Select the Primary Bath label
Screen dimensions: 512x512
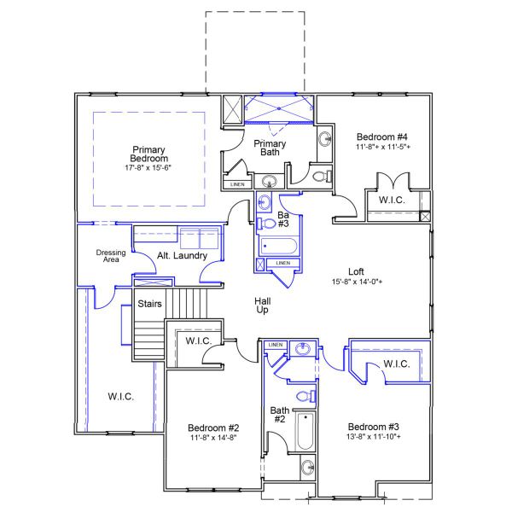(271, 148)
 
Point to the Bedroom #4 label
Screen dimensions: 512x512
(381, 137)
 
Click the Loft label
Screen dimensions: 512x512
(358, 272)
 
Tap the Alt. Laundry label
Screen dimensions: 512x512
(178, 256)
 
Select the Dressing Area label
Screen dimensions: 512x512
(111, 256)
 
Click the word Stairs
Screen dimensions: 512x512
(150, 303)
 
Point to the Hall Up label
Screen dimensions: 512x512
(264, 306)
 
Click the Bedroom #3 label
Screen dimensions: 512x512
(374, 426)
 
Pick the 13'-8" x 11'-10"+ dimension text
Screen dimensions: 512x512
(374, 436)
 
